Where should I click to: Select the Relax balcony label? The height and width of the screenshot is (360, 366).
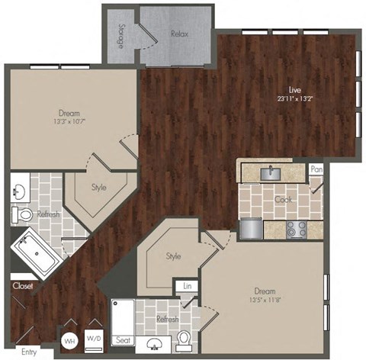[180, 34]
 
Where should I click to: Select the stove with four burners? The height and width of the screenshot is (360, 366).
[296, 227]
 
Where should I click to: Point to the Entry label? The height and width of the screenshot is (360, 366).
[29, 352]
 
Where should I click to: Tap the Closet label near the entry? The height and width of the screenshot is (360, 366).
[21, 286]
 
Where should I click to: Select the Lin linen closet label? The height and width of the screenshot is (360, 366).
[187, 287]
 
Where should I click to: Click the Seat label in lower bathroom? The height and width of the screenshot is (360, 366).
[122, 340]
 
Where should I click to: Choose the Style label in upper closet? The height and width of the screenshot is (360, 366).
[100, 187]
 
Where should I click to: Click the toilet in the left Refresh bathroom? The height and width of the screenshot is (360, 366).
[25, 216]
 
